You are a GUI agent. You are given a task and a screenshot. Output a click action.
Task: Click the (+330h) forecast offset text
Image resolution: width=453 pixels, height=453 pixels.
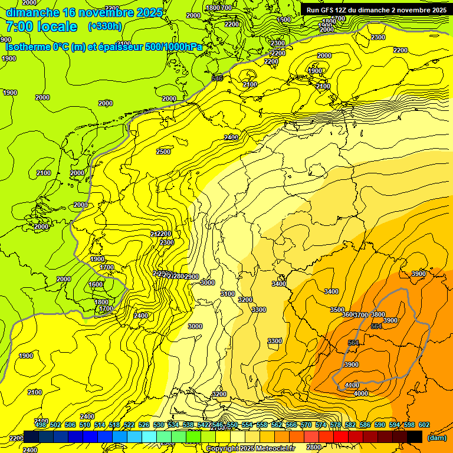105,26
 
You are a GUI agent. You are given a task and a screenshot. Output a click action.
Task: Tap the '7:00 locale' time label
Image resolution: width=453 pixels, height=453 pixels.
41,26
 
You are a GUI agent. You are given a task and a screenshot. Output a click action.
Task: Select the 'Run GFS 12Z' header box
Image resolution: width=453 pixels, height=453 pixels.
376,9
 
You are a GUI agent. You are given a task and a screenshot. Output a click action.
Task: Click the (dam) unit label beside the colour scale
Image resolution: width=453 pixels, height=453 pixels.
436,437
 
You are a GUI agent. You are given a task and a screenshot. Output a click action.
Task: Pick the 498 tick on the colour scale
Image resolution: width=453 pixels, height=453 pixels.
41,425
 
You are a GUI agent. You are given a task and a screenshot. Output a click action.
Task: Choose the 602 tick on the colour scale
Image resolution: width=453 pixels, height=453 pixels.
424,425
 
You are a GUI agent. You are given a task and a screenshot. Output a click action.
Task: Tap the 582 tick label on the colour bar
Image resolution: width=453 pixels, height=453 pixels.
350,425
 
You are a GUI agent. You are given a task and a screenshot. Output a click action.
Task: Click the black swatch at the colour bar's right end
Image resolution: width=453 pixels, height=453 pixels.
415,436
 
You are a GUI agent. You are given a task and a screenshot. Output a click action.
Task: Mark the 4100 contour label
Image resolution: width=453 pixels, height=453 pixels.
352,385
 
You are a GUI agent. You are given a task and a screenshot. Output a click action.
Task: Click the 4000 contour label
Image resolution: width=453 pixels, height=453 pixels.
361,393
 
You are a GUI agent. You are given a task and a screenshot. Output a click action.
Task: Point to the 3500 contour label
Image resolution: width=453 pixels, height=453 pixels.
337,310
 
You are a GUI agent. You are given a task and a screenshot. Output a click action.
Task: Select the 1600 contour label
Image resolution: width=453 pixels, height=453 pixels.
96,284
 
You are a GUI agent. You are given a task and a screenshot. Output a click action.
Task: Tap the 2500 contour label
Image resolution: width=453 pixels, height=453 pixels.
163,152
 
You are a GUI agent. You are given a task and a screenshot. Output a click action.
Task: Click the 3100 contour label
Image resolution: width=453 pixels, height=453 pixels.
227,294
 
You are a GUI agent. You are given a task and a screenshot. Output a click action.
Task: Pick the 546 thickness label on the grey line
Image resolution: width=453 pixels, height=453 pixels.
217,78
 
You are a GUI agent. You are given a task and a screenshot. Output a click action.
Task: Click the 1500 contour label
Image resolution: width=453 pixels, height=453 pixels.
284,19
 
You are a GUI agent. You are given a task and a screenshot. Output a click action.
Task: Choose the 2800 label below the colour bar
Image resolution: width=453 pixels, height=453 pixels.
313,447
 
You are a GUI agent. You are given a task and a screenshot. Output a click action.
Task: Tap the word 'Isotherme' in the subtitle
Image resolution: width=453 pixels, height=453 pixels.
28,47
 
